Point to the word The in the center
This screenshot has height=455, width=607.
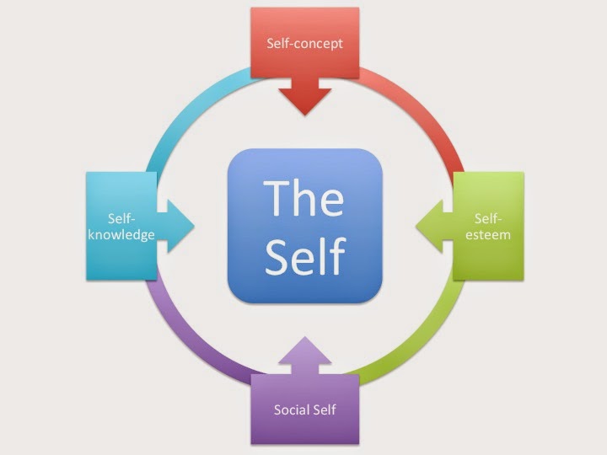point(303,199)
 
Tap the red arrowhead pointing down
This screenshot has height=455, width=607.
point(304,97)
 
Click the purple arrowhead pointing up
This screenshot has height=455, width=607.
point(304,354)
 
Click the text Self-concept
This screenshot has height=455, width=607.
point(304,43)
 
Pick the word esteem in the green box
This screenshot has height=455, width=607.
point(489,235)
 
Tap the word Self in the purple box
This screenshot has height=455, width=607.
point(324,409)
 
